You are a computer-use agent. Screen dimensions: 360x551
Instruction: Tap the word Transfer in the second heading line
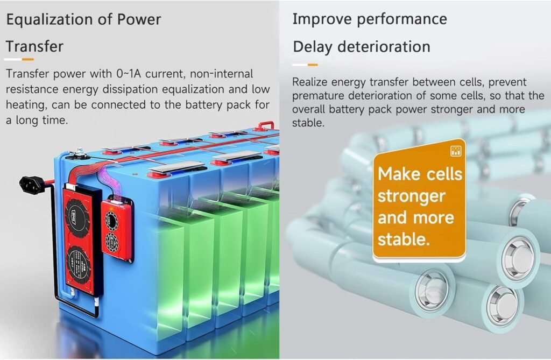34,46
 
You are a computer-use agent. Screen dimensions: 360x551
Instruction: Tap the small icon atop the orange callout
456,151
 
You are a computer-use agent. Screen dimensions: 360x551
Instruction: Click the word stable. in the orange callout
404,239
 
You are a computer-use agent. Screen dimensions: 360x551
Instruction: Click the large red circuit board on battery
80,237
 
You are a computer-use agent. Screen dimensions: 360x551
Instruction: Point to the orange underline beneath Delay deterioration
312,65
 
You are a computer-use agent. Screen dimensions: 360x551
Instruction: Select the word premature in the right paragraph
319,96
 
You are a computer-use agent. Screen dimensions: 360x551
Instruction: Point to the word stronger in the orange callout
412,196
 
